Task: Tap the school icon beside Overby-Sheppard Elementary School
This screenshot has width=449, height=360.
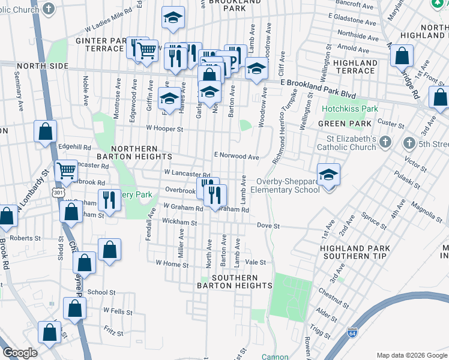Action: [x=328, y=175]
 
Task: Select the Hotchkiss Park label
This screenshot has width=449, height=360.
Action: [x=350, y=109]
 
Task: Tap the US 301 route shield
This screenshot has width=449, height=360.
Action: [x=58, y=192]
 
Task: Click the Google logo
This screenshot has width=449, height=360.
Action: [x=20, y=353]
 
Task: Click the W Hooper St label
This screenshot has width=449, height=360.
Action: [x=164, y=128]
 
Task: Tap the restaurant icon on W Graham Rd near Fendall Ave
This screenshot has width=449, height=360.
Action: [x=109, y=200]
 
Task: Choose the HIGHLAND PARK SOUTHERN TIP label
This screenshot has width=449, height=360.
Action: [x=355, y=252]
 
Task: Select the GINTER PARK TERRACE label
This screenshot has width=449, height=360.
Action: [x=106, y=45]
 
